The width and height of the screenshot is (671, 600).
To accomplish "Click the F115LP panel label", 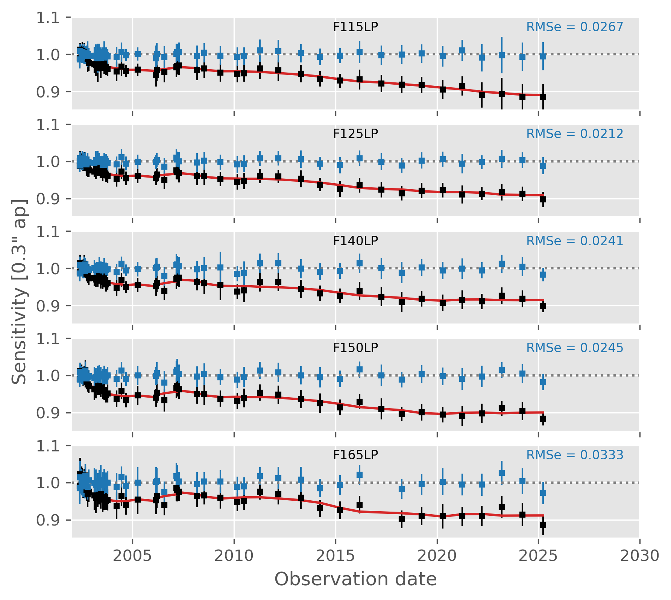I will click(355, 27).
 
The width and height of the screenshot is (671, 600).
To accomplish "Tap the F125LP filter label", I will click(355, 134).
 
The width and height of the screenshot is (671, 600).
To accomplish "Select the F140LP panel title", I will click(355, 241).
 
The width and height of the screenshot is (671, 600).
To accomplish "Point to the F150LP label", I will click(355, 348).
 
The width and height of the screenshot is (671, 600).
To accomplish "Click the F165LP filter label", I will click(355, 455).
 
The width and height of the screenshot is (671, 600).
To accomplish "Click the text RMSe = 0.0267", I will click(574, 27).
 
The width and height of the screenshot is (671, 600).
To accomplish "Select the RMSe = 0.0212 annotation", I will click(574, 134).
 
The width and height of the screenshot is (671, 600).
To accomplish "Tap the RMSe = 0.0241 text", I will click(574, 241).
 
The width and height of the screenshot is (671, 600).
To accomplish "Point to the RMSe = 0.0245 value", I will click(574, 348).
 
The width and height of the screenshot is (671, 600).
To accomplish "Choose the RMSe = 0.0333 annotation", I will click(574, 455).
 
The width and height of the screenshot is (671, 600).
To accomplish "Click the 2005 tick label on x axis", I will click(132, 556).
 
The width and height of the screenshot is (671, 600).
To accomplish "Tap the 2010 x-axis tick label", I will click(234, 556).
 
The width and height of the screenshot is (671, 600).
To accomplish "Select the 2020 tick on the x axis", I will click(437, 556).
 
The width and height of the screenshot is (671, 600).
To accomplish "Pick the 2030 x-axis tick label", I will click(640, 556).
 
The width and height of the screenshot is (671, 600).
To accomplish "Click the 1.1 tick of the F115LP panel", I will click(48, 18).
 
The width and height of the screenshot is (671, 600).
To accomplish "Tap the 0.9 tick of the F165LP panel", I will click(48, 520).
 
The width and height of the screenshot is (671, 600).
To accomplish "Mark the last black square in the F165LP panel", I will click(543, 525).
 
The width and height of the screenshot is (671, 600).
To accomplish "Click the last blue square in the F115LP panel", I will click(543, 56).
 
